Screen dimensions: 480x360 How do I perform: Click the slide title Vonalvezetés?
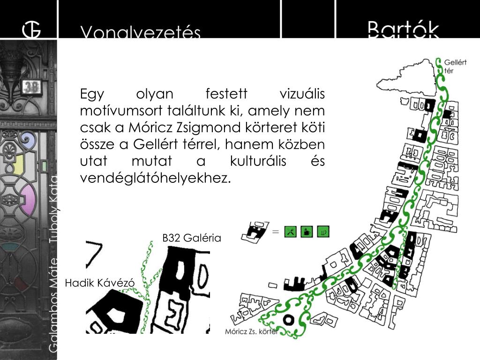(141, 32)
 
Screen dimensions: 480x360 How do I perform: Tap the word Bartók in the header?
(403, 29)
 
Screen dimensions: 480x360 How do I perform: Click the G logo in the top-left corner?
(31, 29)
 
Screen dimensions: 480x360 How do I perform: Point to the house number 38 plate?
(31, 87)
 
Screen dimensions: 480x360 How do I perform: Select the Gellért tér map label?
(455, 66)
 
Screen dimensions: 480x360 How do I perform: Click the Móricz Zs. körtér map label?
(251, 331)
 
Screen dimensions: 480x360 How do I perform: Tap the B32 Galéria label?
(191, 238)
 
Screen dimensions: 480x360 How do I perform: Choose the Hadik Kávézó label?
(99, 283)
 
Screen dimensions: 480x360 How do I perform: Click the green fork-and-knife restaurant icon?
(291, 231)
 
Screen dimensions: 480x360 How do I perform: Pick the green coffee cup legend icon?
(307, 231)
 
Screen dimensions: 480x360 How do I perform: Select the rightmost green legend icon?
(323, 231)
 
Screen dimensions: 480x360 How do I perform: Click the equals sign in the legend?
(275, 231)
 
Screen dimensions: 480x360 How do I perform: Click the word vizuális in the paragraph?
(302, 94)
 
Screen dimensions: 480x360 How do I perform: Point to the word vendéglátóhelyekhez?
(156, 178)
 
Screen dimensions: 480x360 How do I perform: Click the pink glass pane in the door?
(28, 199)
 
